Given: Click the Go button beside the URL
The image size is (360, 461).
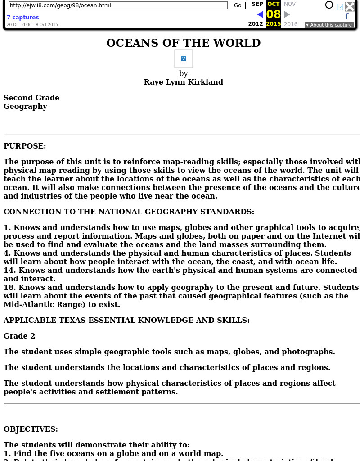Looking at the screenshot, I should pyautogui.click(x=238, y=5).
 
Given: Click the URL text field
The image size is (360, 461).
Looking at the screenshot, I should pyautogui.click(x=118, y=5).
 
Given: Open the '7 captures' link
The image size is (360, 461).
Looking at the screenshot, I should pyautogui.click(x=22, y=18).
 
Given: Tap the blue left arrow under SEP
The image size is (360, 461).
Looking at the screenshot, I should pyautogui.click(x=260, y=14).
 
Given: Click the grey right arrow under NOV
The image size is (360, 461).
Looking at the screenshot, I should pyautogui.click(x=287, y=14).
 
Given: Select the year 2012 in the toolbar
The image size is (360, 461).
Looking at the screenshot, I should pyautogui.click(x=256, y=24).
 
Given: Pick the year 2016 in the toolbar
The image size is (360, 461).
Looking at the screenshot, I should pyautogui.click(x=291, y=24).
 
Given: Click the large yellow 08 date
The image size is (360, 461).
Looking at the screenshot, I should pyautogui.click(x=274, y=14).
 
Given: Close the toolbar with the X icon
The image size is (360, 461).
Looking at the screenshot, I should pyautogui.click(x=350, y=6).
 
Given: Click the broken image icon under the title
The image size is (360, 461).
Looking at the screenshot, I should pyautogui.click(x=184, y=59).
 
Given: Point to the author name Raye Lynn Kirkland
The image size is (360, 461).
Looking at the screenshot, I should pyautogui.click(x=184, y=82).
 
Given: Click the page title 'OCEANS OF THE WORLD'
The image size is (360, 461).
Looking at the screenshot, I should pyautogui.click(x=184, y=43).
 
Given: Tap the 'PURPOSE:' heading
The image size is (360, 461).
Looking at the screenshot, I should pyautogui.click(x=25, y=146).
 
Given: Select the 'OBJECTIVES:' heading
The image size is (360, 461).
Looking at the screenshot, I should pyautogui.click(x=31, y=429).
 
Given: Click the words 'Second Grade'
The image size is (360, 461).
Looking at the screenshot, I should pyautogui.click(x=31, y=98).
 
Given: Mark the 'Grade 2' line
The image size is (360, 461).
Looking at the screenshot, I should pyautogui.click(x=19, y=336).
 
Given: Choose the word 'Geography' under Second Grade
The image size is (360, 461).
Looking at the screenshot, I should pyautogui.click(x=25, y=106).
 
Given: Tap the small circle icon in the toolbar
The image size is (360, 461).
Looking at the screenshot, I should pyautogui.click(x=329, y=5).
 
